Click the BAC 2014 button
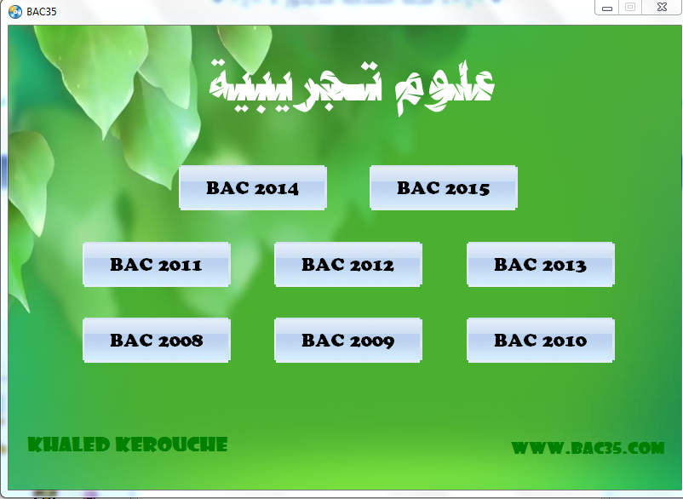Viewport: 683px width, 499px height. (x=253, y=187)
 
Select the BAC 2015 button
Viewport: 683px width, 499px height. (x=444, y=187)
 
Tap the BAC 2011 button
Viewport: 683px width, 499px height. (x=157, y=264)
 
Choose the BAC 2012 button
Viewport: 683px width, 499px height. (x=348, y=264)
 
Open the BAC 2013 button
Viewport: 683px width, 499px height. (x=541, y=264)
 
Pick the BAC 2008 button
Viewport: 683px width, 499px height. (x=157, y=340)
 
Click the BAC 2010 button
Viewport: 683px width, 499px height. (x=541, y=340)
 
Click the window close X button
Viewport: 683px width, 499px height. (x=662, y=7)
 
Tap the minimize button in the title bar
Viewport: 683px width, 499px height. (x=606, y=8)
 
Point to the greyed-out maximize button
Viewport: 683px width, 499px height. (x=630, y=7)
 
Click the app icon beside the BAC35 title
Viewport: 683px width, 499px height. (x=15, y=11)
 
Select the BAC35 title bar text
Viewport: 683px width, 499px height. (x=42, y=12)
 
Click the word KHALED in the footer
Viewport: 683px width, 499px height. (x=69, y=445)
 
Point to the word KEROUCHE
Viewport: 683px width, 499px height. (x=172, y=445)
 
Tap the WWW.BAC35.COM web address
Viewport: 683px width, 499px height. (x=588, y=448)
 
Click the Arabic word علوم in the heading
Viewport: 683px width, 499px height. (x=445, y=89)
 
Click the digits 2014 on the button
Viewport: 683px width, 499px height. (x=276, y=188)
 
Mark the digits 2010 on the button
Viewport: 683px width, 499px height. (x=564, y=341)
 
